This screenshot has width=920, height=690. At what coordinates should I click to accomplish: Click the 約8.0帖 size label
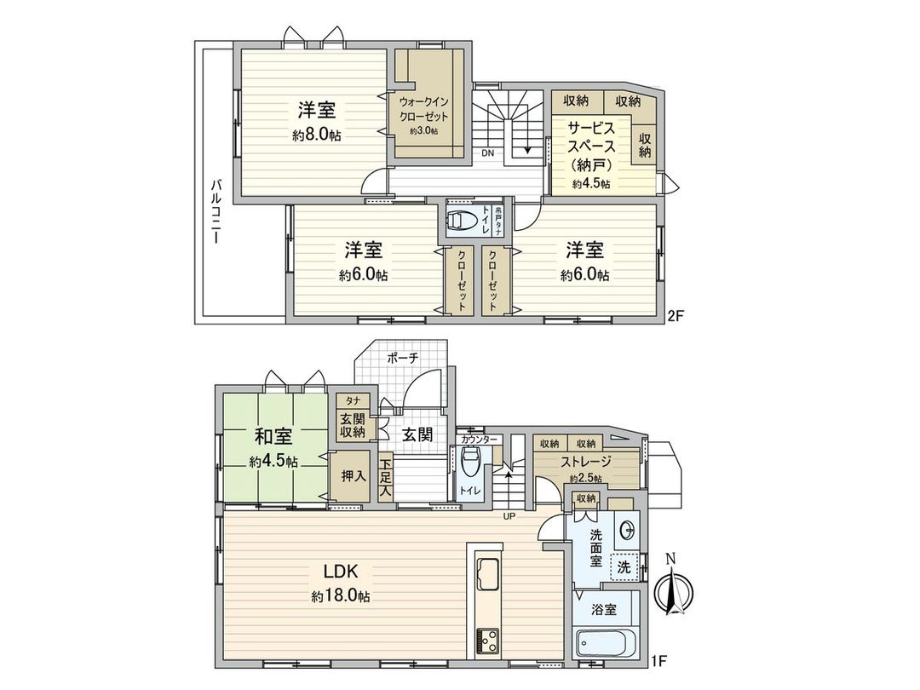pyautogui.click(x=316, y=135)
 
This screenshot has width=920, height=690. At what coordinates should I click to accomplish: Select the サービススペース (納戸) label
pyautogui.click(x=590, y=145)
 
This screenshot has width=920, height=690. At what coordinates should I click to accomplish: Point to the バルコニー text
pyautogui.click(x=217, y=211)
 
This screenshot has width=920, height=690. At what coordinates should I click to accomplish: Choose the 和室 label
pyautogui.click(x=273, y=436)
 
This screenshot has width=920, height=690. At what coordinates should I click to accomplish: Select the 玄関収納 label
pyautogui.click(x=353, y=425)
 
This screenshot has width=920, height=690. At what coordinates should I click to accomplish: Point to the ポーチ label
pyautogui.click(x=402, y=358)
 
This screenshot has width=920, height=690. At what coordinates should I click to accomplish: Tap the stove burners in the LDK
pyautogui.click(x=489, y=638)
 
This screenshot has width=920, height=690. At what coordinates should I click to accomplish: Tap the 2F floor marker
pyautogui.click(x=676, y=315)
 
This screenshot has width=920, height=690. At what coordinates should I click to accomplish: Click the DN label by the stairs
pyautogui.click(x=487, y=154)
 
